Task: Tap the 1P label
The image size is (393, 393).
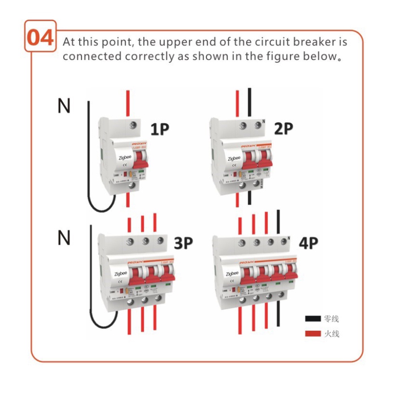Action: point(160,130)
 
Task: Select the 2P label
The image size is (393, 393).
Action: point(283,129)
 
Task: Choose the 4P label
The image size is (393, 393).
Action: point(308,243)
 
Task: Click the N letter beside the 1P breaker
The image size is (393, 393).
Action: point(64,106)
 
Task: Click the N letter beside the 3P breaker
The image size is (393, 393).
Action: point(64,238)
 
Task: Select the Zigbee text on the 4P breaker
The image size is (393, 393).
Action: point(232,274)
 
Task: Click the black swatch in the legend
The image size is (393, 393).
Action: point(313,319)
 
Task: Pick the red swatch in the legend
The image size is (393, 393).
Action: point(313,334)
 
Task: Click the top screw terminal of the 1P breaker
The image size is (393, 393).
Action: point(133,124)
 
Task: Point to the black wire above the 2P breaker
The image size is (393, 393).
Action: point(249,102)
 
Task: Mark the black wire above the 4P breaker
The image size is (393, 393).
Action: point(279,223)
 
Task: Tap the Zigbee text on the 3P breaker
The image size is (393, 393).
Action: point(121,274)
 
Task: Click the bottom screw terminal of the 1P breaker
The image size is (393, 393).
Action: point(132,185)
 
